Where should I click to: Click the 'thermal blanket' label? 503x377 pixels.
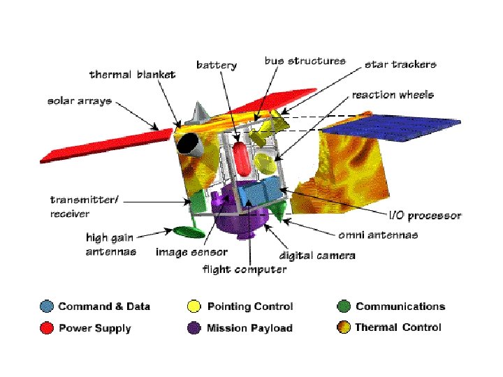coord(132,74)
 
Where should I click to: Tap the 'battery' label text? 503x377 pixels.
coord(217,65)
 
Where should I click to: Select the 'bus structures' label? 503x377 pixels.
coord(305,61)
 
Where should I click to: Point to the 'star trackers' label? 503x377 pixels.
coord(400,64)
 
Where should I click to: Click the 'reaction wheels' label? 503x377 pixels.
coord(393,94)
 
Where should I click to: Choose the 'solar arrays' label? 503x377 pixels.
coord(80,101)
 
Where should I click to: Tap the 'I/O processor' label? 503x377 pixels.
coord(425,215)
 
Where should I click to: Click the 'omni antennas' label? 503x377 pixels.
coord(378,235)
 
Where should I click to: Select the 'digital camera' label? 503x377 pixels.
coord(317,256)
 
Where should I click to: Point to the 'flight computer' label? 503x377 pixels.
coord(245,269)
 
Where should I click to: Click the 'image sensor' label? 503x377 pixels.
coord(191,252)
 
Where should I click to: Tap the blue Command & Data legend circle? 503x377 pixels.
coord(47,306)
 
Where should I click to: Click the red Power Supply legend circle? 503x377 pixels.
coord(47,327)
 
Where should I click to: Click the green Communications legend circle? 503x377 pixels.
coord(343,306)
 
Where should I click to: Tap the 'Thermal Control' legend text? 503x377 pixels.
coord(398,327)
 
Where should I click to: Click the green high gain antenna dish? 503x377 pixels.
coord(185,231)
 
